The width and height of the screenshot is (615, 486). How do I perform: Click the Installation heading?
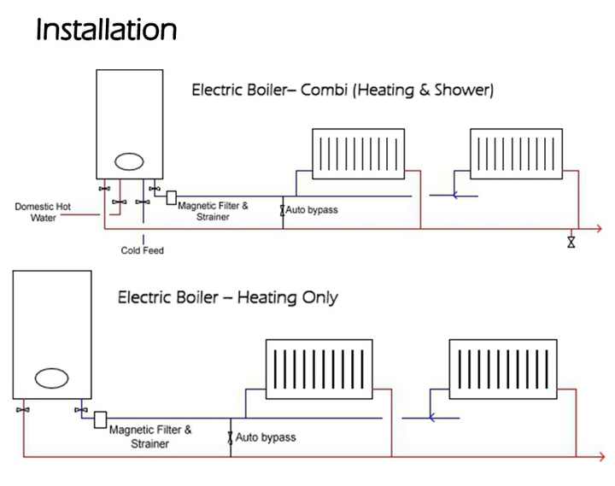pyautogui.click(x=106, y=31)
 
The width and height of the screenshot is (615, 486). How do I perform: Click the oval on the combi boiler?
pyautogui.click(x=130, y=161)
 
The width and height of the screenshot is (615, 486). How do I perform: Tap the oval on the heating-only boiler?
pyautogui.click(x=51, y=377)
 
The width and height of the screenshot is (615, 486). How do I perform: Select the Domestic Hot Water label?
pyautogui.click(x=43, y=211)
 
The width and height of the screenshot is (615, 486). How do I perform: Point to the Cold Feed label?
pyautogui.click(x=142, y=250)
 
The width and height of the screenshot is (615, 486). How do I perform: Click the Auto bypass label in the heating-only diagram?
pyautogui.click(x=266, y=437)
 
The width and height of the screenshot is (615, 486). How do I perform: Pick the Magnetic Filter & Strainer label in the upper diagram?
pyautogui.click(x=213, y=211)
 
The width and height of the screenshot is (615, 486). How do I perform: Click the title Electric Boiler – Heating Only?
pyautogui.click(x=227, y=298)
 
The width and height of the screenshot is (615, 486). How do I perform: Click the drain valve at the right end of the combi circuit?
pyautogui.click(x=571, y=242)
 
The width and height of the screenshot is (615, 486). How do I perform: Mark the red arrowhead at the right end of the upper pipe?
pyautogui.click(x=600, y=229)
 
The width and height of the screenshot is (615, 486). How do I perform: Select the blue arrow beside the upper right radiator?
pyautogui.click(x=455, y=195)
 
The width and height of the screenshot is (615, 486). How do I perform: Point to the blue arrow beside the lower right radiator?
pyautogui.click(x=433, y=418)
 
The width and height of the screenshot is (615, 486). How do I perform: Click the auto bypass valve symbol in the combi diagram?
pyautogui.click(x=283, y=209)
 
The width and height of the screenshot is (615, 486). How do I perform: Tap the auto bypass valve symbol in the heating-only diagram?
pyautogui.click(x=231, y=437)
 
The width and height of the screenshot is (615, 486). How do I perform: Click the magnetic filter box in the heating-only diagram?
pyautogui.click(x=100, y=419)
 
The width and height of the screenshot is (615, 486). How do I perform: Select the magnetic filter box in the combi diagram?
pyautogui.click(x=171, y=197)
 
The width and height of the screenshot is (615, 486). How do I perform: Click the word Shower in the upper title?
pyautogui.click(x=462, y=89)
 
